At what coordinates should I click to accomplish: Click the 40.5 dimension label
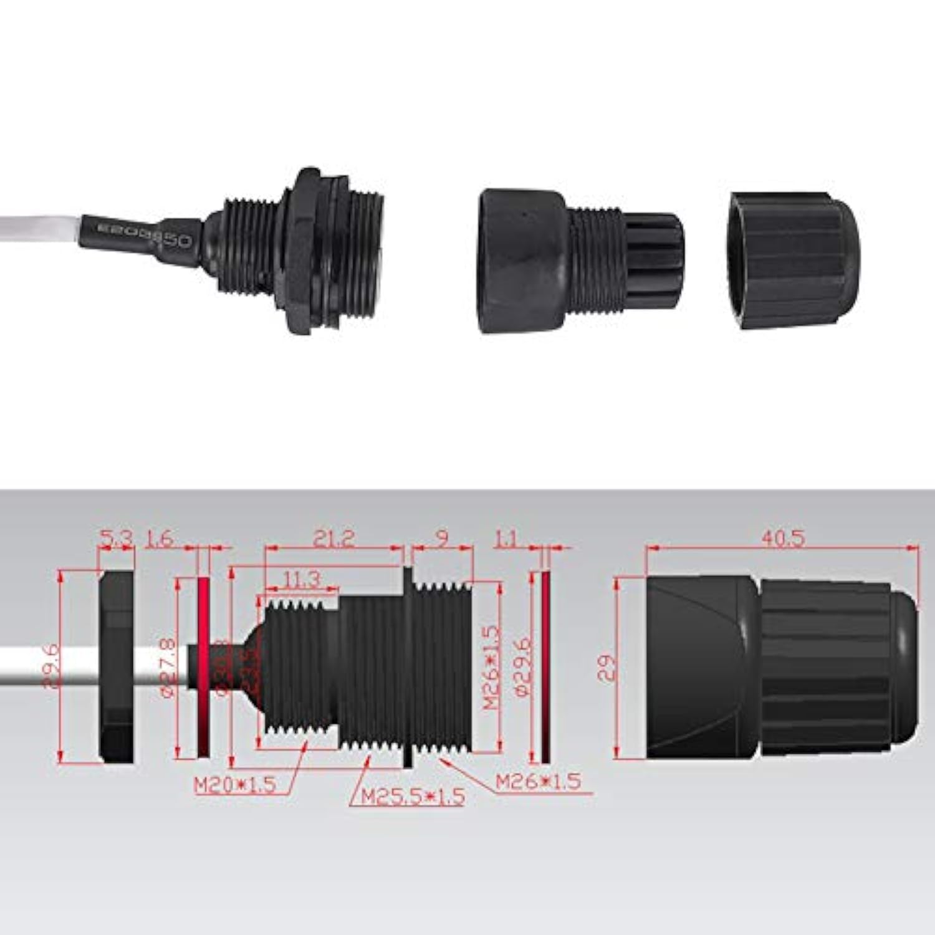pos(783,538)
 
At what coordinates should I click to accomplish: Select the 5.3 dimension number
pos(116,538)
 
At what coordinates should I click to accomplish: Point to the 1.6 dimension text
pos(159,538)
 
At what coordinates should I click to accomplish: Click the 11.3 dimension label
pos(302,580)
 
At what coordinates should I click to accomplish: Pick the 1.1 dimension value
pos(506,538)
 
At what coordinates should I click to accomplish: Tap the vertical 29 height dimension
pos(611,666)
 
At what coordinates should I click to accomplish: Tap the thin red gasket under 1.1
pos(545,667)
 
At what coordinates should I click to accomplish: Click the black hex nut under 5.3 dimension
pos(117,667)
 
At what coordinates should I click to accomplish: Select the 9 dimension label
pos(441,538)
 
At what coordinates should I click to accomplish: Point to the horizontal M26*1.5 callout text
pos(538,780)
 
